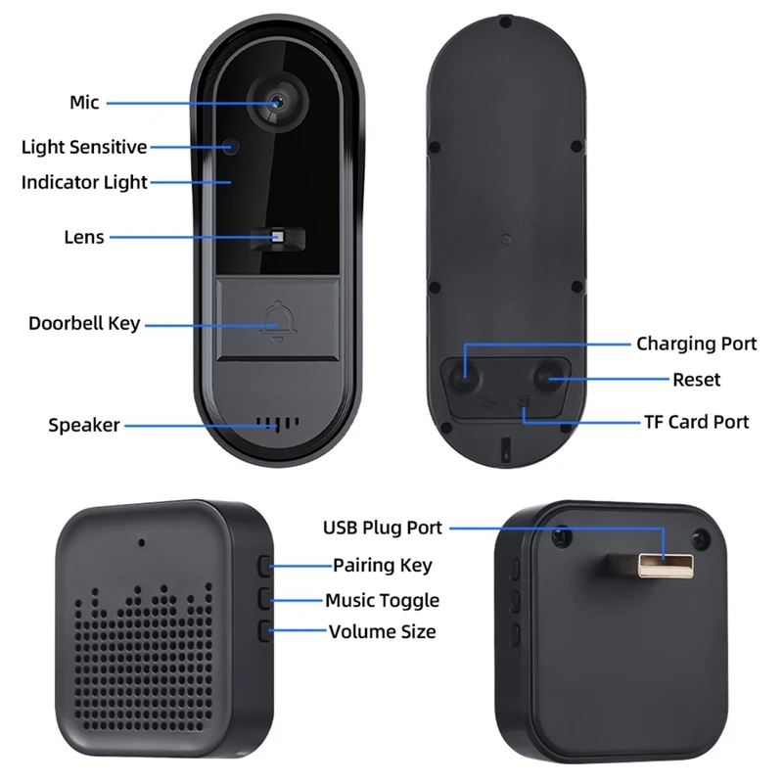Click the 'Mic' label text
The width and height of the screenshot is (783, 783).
[84, 103]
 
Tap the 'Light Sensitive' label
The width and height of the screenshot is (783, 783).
[84, 148]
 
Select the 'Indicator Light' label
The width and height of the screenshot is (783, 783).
[84, 182]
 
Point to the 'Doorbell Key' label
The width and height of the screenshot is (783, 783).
[84, 323]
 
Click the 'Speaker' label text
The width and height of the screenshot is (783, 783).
[84, 425]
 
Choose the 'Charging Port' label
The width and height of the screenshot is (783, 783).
[696, 344]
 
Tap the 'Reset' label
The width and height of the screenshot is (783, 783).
[696, 380]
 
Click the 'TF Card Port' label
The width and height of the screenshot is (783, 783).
[696, 422]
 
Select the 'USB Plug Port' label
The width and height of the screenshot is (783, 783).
[383, 528]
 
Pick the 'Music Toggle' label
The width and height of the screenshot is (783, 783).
[382, 600]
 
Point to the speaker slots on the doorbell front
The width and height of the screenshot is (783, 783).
[279, 425]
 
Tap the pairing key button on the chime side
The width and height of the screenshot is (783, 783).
[265, 565]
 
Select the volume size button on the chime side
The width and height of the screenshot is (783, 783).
[265, 631]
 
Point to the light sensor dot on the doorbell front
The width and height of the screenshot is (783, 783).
[231, 147]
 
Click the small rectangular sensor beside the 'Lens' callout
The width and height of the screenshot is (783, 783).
[277, 237]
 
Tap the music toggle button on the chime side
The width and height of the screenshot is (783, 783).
[265, 598]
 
